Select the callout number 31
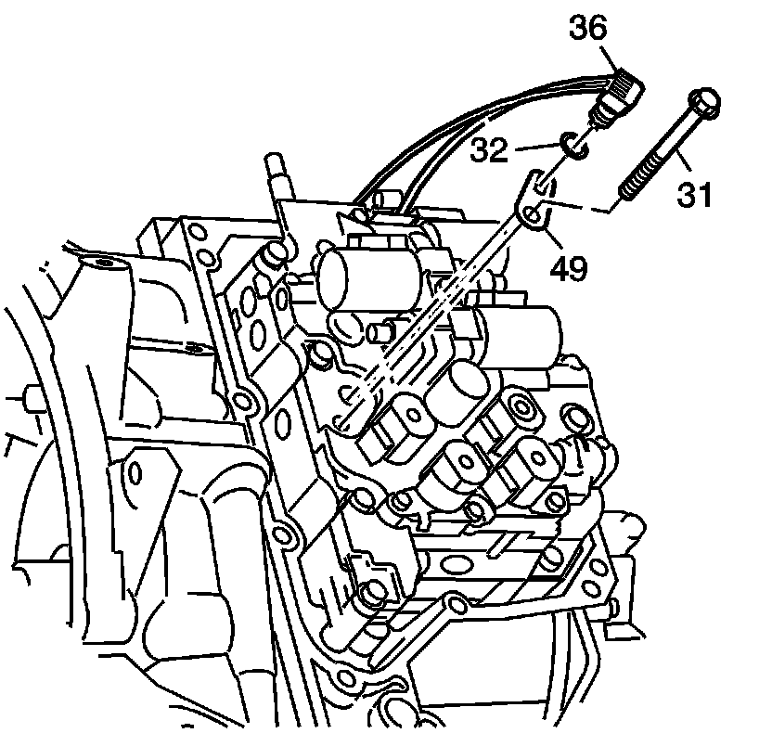coord(696,194)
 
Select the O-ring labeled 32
coord(573,146)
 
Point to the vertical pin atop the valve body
coord(276,177)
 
